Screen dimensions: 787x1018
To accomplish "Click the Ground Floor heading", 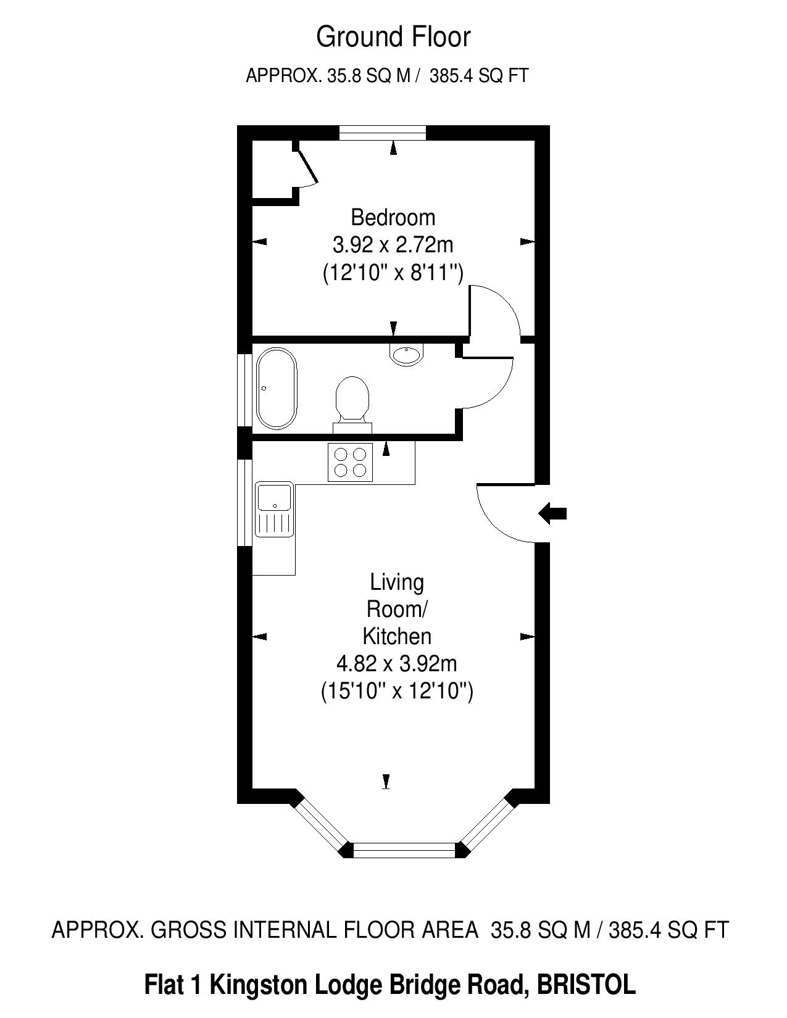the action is (x=393, y=38).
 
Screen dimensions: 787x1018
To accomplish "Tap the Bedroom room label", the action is (x=393, y=218).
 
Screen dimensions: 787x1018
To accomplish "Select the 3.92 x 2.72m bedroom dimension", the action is (x=393, y=244).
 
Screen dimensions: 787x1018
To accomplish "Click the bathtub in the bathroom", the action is (x=277, y=388).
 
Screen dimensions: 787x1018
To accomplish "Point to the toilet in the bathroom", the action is (x=352, y=405).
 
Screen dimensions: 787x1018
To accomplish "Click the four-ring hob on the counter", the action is (x=350, y=462).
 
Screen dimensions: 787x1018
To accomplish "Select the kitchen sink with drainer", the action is (x=275, y=510).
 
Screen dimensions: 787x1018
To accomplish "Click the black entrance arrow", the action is (x=552, y=513).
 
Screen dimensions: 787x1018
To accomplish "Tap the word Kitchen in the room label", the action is (x=397, y=637).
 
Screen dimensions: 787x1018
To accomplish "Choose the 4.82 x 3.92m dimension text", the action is (x=396, y=663).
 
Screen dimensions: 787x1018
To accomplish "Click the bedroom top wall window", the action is (x=383, y=133).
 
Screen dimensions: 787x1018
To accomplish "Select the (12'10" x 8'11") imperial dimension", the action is (x=393, y=272).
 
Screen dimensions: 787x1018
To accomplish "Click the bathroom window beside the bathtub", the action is (x=244, y=390).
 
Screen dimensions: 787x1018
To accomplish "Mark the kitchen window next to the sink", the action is (x=244, y=502).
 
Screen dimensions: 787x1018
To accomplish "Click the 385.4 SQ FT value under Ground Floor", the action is (x=479, y=75).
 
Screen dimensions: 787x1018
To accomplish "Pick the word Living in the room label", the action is (x=397, y=582).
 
